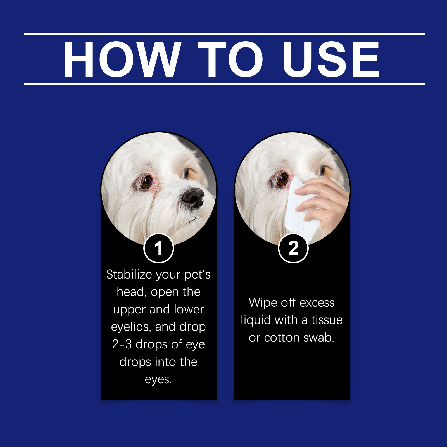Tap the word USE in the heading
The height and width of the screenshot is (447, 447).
[x=331, y=59]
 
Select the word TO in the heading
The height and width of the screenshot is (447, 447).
[x=231, y=59]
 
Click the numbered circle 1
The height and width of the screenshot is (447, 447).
[x=159, y=248]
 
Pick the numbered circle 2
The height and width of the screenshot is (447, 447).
[x=293, y=248]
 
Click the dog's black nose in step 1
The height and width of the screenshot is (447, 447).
[x=193, y=197]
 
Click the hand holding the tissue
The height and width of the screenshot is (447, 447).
[x=324, y=201]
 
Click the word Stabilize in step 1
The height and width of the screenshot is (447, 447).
[x=129, y=274]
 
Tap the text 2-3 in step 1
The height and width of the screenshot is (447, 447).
[x=122, y=344]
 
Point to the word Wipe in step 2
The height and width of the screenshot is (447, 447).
[x=263, y=303]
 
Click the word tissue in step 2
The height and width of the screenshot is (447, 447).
[x=327, y=320]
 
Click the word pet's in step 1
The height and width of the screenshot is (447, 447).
[x=198, y=274]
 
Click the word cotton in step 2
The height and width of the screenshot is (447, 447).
[x=282, y=338]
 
